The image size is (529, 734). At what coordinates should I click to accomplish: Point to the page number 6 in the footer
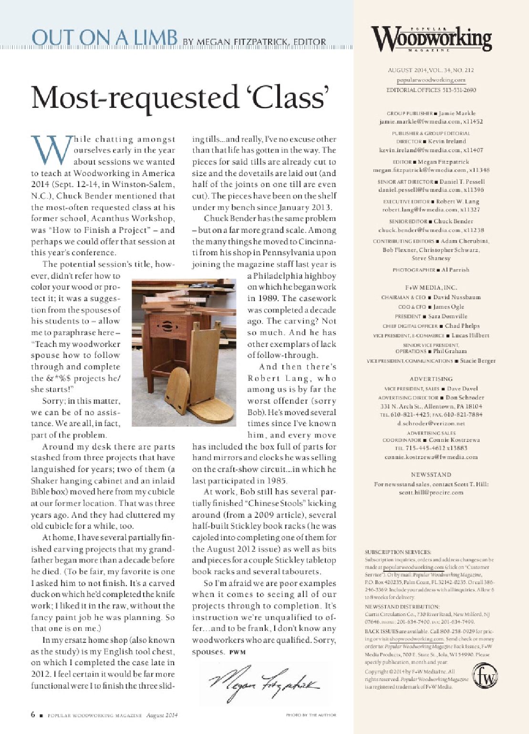(x=33, y=714)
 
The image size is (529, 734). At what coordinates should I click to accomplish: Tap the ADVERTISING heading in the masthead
(x=431, y=379)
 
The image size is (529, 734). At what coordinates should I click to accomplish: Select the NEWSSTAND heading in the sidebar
(x=431, y=474)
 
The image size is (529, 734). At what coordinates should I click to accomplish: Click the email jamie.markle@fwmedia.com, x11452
(x=431, y=122)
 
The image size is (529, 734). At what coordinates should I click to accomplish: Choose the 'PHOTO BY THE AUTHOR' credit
(x=311, y=715)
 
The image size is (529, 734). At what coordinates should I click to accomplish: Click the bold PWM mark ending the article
(x=237, y=652)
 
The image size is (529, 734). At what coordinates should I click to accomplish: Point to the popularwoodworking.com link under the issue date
(x=431, y=81)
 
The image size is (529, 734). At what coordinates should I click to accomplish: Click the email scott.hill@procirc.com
(x=431, y=493)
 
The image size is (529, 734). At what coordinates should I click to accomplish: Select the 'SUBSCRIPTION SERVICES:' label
(x=398, y=552)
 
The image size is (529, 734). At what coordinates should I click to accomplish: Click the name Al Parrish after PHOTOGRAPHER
(x=455, y=270)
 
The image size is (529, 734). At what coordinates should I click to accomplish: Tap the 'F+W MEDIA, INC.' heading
(x=431, y=288)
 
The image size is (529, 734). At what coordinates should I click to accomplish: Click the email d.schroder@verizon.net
(x=431, y=423)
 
